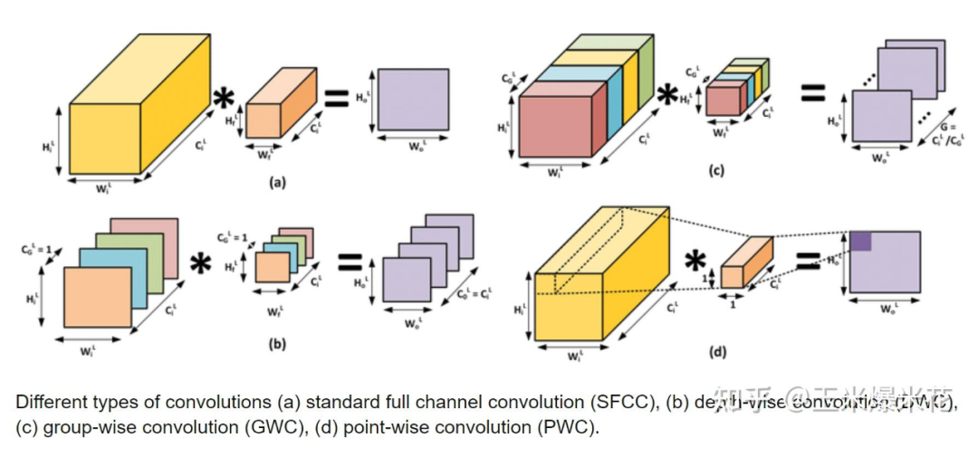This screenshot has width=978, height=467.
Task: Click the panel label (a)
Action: tap(278, 181)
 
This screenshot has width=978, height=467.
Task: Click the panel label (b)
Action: tap(278, 343)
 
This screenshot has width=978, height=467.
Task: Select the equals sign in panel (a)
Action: tap(336, 99)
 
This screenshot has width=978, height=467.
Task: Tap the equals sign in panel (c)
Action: tap(812, 91)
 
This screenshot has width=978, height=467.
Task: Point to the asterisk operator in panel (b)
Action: tap(200, 264)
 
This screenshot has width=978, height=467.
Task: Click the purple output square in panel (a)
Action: tap(413, 99)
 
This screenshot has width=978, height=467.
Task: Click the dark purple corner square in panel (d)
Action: tap(860, 240)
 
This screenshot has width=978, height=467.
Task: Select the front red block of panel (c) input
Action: tap(554, 123)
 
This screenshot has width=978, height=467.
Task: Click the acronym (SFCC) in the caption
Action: tap(624, 401)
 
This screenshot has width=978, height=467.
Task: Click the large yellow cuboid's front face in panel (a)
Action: tap(104, 138)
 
